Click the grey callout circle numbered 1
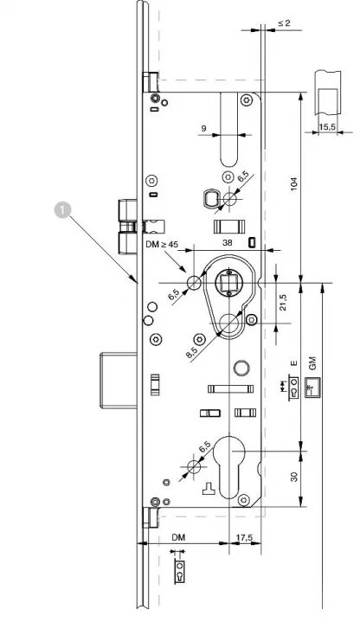[x=62, y=210]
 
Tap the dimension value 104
[x=294, y=183]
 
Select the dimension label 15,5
[x=327, y=127]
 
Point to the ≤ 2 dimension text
[x=284, y=22]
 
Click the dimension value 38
[x=228, y=242]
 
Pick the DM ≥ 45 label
[x=162, y=244]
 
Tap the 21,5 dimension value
[x=283, y=303]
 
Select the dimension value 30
[x=294, y=477]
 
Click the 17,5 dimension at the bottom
[x=244, y=537]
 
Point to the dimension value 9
[x=203, y=129]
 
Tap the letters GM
[x=313, y=363]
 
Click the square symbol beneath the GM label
[x=312, y=388]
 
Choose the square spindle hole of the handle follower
[x=228, y=281]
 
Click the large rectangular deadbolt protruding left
[x=119, y=379]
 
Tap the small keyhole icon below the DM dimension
[x=180, y=572]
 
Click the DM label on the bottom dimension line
[x=179, y=537]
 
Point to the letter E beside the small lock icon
[x=294, y=363]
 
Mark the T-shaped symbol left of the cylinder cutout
[x=209, y=488]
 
